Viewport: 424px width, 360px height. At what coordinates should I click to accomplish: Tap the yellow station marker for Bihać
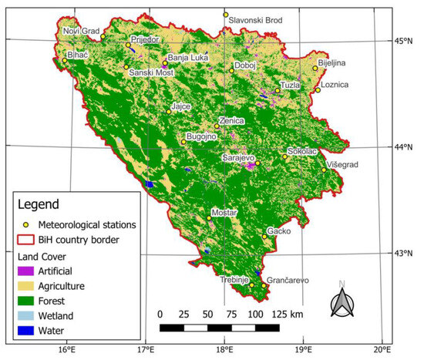click(65, 59)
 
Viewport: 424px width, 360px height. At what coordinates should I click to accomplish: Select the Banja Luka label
click(189, 58)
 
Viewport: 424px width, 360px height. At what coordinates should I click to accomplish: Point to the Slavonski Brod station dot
click(226, 15)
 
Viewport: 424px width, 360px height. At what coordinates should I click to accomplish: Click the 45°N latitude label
click(405, 41)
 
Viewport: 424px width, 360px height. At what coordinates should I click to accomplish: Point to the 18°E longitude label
click(224, 350)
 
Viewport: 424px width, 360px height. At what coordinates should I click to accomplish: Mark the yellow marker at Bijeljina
click(315, 68)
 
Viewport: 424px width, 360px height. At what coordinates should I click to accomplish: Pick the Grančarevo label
click(288, 281)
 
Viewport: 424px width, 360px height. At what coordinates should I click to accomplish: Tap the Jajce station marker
click(169, 112)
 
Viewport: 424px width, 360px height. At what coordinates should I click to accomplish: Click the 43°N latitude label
click(405, 252)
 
